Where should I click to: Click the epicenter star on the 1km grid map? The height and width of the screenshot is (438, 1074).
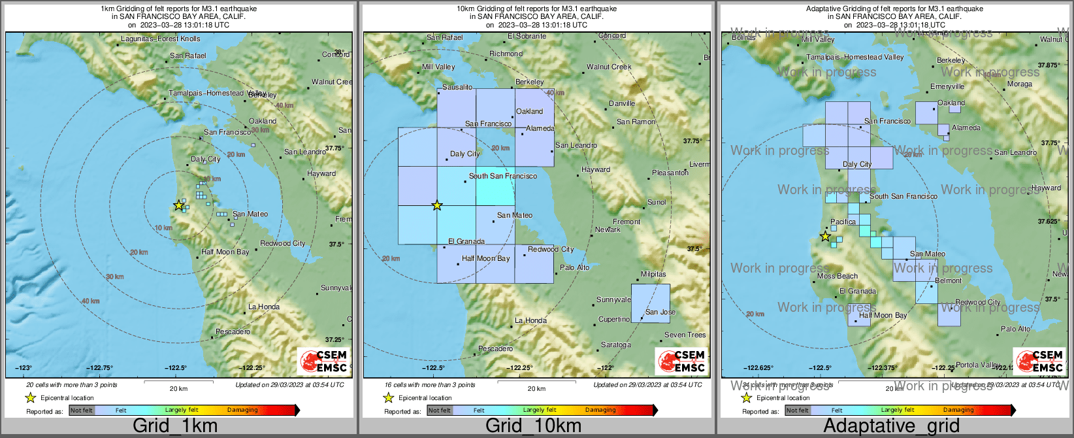(178, 205)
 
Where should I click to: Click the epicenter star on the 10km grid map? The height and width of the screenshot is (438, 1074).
(437, 205)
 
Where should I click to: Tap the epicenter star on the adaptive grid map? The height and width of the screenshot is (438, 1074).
(825, 236)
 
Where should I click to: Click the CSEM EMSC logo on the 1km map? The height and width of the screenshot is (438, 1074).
(323, 361)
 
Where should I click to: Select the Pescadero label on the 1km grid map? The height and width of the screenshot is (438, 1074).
(233, 332)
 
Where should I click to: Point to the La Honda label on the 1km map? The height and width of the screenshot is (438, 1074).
(264, 307)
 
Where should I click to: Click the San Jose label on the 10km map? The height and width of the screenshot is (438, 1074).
(660, 312)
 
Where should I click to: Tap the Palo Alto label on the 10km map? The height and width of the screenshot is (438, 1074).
(574, 267)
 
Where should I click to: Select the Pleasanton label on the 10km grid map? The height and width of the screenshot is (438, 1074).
(670, 173)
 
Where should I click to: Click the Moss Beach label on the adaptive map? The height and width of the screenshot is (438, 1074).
(838, 276)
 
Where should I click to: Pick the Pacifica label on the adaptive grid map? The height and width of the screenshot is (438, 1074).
(843, 222)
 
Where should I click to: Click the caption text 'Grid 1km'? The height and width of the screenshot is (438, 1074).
(175, 426)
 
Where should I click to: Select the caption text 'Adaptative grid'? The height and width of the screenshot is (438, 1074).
(891, 426)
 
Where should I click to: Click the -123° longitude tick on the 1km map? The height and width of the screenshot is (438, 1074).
(24, 368)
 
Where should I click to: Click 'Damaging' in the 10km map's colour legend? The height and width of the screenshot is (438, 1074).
(600, 411)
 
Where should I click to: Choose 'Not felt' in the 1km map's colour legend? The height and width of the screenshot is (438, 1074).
(82, 411)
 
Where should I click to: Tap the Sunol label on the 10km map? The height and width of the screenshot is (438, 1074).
(657, 202)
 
